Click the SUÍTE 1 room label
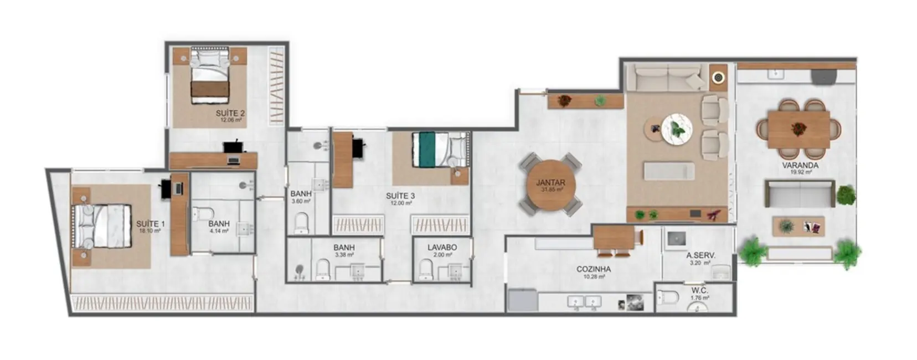pos(150,224)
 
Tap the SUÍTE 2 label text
pos(230,113)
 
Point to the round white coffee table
pos(676,129)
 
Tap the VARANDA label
pos(800,166)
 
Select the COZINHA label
pos(593,269)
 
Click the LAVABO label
pos(442,248)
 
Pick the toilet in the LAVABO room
pos(425,270)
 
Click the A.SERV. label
pos(700,256)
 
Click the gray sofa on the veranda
pos(799,193)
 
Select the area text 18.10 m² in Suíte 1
pos(150,230)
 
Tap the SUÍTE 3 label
pos(400,196)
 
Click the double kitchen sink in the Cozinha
pos(584,302)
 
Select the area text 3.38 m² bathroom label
pos(344,255)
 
